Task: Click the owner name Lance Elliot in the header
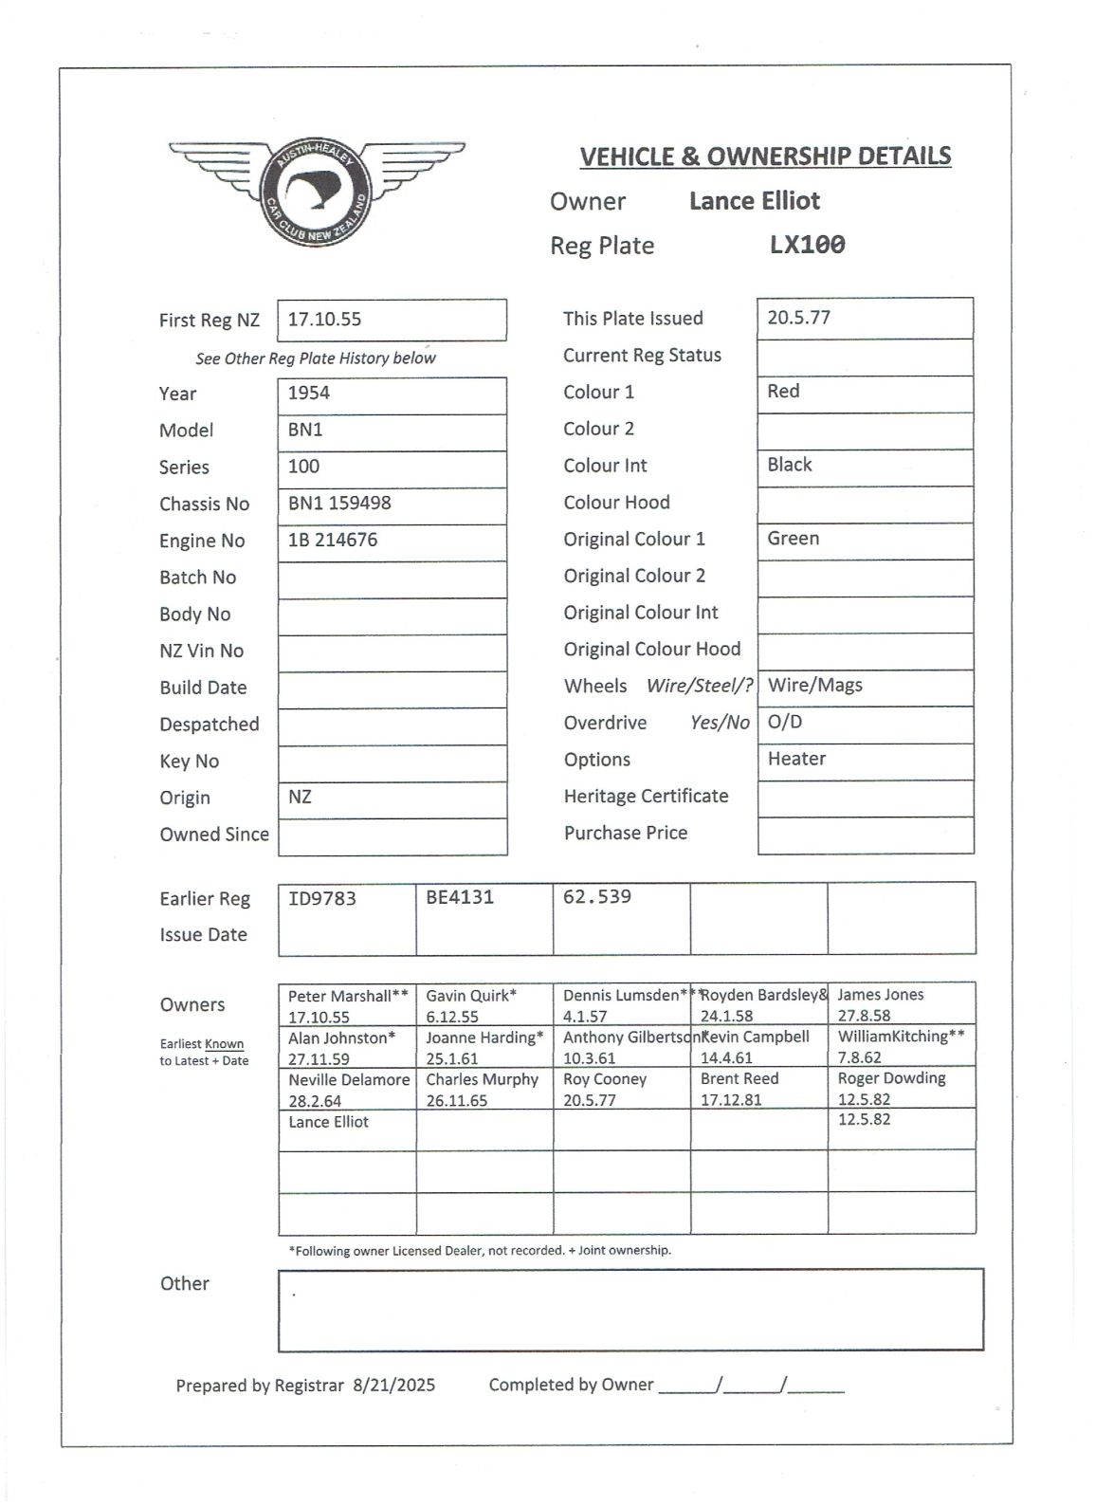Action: tap(754, 201)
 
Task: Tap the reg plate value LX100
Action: tap(807, 245)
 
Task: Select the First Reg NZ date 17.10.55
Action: tap(324, 320)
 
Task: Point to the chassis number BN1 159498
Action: tap(339, 503)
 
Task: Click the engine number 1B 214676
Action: tap(333, 540)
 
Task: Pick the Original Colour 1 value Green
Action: tap(794, 539)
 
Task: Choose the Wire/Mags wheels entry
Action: tap(815, 685)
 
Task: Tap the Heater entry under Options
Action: tap(796, 759)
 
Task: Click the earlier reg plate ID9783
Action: tap(322, 898)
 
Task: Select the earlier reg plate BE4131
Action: tap(460, 897)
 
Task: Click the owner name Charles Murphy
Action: tap(482, 1079)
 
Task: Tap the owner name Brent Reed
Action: tap(739, 1079)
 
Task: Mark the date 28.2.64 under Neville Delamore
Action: tap(315, 1101)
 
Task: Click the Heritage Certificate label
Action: tap(646, 797)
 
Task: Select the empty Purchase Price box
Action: tap(866, 836)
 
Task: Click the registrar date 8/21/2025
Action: tap(393, 1386)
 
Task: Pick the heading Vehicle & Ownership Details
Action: tap(765, 156)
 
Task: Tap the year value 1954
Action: tap(309, 393)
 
